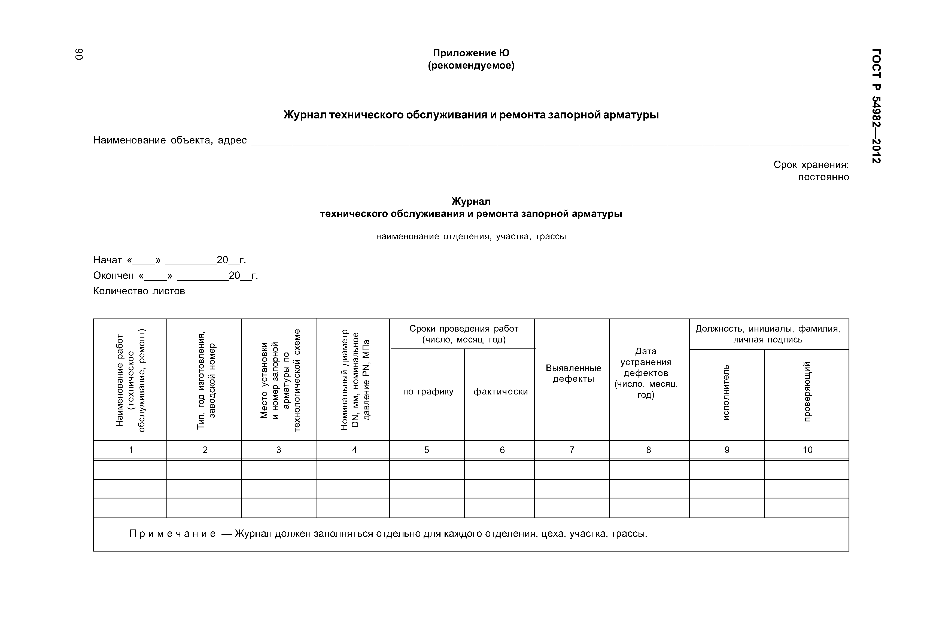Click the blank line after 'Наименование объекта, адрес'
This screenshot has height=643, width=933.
click(x=550, y=142)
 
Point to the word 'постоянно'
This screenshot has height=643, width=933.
click(x=823, y=177)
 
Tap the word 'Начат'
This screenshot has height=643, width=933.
click(x=107, y=260)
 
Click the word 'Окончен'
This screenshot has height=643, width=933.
click(x=113, y=275)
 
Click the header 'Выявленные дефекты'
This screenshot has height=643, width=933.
click(x=573, y=373)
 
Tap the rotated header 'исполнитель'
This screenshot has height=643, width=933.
click(x=726, y=392)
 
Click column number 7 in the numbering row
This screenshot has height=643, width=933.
click(x=572, y=450)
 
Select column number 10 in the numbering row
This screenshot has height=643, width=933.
click(x=807, y=450)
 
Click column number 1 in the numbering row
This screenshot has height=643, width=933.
click(x=131, y=450)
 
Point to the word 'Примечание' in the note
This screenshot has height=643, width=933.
click(x=172, y=534)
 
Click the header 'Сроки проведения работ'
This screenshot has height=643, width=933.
click(x=463, y=329)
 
